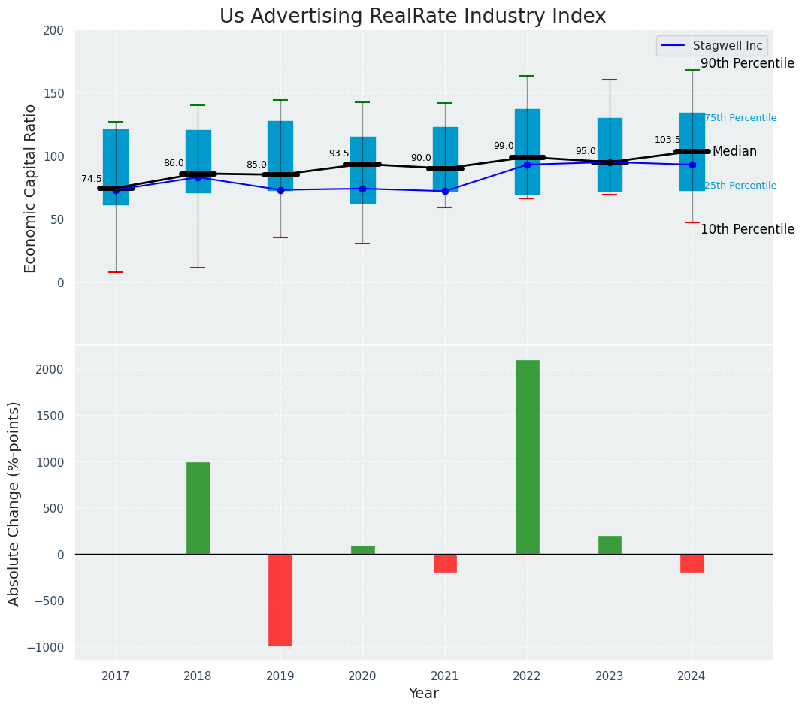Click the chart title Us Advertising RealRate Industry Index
tap(413, 17)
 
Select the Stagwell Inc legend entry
tap(712, 46)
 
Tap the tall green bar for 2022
tap(527, 457)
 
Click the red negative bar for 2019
tap(280, 600)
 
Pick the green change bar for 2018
tap(198, 508)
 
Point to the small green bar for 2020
tap(362, 550)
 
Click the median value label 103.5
tap(667, 140)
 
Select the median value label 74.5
tap(92, 179)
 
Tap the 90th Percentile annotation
tap(746, 64)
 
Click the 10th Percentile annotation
tap(746, 230)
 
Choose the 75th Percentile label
tap(740, 118)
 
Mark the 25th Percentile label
tap(740, 186)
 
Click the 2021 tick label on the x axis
tap(445, 676)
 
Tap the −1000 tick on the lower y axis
tap(50, 647)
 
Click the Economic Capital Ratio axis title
tap(31, 188)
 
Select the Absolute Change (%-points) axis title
tap(14, 503)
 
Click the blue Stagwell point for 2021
tap(445, 191)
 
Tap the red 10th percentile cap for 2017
tap(116, 272)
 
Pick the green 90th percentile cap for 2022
tap(527, 76)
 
